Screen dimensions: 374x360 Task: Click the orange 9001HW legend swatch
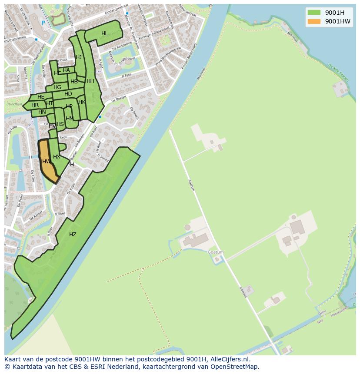(x=313, y=21)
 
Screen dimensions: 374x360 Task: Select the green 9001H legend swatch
(x=313, y=12)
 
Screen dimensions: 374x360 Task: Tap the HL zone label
(x=105, y=33)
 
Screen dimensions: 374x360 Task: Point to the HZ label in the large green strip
(x=73, y=235)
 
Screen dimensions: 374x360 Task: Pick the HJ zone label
(x=79, y=57)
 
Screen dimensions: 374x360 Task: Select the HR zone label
(x=35, y=105)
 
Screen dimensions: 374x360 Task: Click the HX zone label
(x=57, y=157)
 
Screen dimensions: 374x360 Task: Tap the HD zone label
(x=68, y=94)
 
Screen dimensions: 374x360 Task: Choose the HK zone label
(x=82, y=102)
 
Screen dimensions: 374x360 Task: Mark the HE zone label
(x=41, y=97)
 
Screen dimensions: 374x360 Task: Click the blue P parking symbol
(x=43, y=23)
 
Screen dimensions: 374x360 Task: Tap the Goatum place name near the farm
(x=216, y=252)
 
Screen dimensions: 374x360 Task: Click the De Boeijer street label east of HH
(x=118, y=99)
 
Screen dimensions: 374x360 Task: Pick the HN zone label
(x=42, y=112)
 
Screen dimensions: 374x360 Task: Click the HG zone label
(x=57, y=87)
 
